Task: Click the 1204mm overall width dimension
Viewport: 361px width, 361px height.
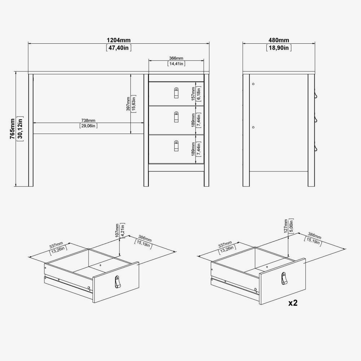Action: click(119, 40)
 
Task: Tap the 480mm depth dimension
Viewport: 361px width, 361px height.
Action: click(279, 40)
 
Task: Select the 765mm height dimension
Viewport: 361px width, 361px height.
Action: click(12, 129)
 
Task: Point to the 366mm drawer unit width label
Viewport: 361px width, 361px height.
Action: click(176, 58)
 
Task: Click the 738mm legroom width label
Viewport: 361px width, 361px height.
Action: click(88, 121)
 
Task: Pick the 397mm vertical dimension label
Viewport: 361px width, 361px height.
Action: click(128, 104)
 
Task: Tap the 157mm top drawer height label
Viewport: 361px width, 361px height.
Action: click(193, 93)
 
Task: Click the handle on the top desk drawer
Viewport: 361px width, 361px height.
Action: click(177, 93)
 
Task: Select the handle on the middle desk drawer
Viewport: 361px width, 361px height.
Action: click(177, 117)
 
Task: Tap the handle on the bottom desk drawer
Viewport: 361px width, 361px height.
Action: click(177, 146)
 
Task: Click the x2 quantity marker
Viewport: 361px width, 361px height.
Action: click(293, 303)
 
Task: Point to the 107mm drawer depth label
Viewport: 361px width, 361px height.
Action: click(117, 230)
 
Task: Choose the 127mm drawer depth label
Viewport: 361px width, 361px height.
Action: click(286, 226)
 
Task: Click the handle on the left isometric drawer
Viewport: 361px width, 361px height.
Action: click(118, 282)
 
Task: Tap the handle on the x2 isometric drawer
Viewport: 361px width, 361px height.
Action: click(284, 278)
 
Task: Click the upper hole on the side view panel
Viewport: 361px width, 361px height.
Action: click(253, 84)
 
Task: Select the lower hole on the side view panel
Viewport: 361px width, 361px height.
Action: click(253, 127)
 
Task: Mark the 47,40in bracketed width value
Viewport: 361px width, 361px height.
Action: click(119, 48)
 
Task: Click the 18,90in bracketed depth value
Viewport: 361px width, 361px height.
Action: click(279, 48)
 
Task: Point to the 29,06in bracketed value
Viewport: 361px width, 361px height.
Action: click(88, 126)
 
